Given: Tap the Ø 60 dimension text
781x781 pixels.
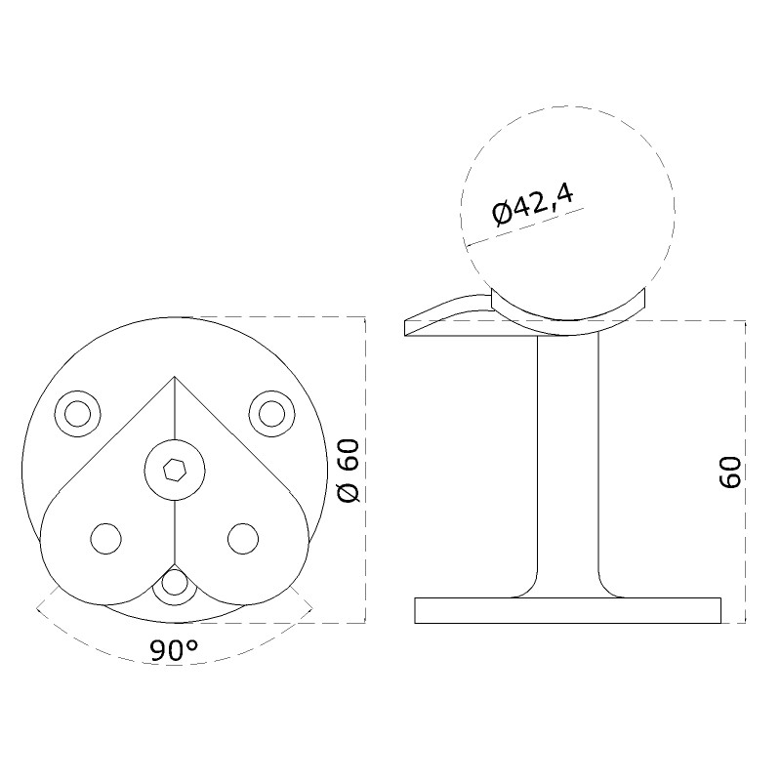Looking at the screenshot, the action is pos(349,471).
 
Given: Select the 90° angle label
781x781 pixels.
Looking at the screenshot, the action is pos(174,650).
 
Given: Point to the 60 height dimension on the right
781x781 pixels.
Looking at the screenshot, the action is pos(730,473).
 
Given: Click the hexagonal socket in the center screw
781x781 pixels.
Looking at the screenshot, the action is pos(175,471).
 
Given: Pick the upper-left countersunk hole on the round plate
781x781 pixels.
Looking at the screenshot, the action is pos(78,414).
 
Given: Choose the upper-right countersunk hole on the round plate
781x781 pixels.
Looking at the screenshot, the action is pos(272,414).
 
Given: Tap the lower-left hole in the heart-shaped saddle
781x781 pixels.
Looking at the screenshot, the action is pos(106,539).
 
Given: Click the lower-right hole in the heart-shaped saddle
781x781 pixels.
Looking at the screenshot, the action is pos(243,539).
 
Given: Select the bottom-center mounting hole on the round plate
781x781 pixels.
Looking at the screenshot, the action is pos(175,583).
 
